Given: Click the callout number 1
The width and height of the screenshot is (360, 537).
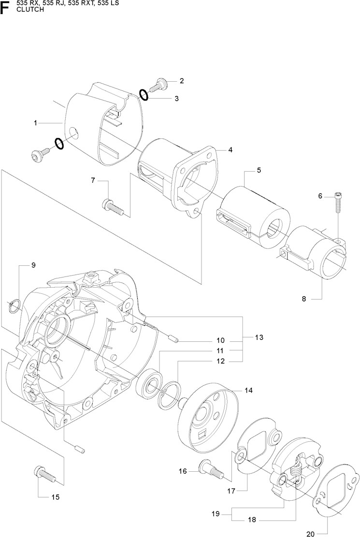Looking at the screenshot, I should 35,123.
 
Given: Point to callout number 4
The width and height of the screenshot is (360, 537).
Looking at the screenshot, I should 231,150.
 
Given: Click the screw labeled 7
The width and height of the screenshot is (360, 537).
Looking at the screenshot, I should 113,206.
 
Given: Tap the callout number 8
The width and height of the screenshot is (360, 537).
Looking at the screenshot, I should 304,299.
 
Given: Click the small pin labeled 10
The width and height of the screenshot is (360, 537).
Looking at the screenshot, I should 175,339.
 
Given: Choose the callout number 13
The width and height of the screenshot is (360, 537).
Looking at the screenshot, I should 259,337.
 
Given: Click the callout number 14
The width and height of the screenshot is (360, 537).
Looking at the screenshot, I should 248,390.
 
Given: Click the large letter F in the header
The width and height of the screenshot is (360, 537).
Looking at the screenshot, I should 6,8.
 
